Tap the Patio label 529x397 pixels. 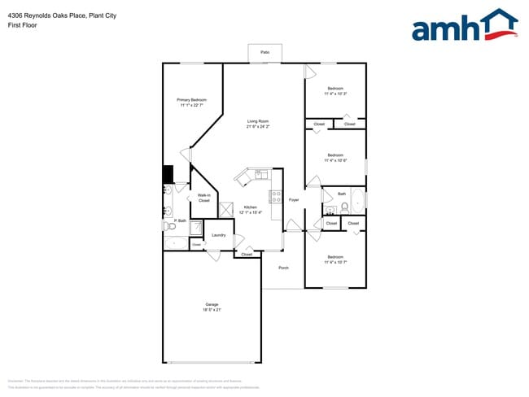coord(264,52)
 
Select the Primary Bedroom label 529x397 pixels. coord(192,100)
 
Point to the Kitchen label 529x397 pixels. coord(251,207)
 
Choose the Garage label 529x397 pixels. coord(212,305)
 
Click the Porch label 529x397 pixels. coord(283,268)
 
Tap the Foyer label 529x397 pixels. coord(294,199)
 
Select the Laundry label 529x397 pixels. coord(218,235)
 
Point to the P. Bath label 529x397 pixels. coord(180,221)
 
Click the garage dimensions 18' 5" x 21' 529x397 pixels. coord(212,310)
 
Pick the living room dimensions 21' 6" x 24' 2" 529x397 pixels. coord(258,127)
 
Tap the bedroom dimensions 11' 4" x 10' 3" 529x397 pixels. coord(335,94)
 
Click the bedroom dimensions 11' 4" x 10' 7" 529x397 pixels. coord(335,263)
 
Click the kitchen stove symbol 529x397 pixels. coord(277,196)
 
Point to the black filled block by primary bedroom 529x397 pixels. coord(168,175)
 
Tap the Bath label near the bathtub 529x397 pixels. coord(342,194)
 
